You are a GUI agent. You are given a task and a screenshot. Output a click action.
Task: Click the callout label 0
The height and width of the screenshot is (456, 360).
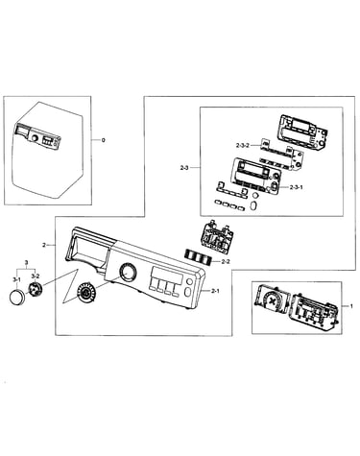[103, 140]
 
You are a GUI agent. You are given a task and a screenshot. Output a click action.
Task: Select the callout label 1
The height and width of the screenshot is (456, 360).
[351, 306]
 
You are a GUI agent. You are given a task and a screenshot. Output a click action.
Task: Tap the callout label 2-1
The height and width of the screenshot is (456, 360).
[215, 291]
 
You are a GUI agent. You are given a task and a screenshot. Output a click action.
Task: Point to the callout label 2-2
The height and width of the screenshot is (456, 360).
[226, 262]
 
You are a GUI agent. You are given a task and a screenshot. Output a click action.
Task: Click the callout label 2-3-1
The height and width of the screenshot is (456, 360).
[296, 187]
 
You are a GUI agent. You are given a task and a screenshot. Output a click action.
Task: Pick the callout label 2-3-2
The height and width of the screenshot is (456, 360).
[243, 145]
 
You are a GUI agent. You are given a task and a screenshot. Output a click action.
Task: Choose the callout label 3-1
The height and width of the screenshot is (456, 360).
[16, 279]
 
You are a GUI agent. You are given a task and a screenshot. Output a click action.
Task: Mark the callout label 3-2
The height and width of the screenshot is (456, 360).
[36, 276]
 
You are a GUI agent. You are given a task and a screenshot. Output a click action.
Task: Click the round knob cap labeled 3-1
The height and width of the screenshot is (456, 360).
[17, 297]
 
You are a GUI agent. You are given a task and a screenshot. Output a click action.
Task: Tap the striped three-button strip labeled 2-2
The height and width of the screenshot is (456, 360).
[198, 256]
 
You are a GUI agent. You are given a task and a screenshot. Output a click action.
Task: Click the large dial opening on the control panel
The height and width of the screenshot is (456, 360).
[128, 272]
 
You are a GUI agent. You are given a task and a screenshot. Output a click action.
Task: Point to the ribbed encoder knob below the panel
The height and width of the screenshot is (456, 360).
[85, 292]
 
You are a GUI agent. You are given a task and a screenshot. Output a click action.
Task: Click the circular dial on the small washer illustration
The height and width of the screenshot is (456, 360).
[35, 138]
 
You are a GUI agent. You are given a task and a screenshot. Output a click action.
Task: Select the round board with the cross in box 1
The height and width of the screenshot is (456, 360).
[272, 301]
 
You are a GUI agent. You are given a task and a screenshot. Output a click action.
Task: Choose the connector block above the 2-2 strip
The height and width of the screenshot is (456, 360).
[217, 237]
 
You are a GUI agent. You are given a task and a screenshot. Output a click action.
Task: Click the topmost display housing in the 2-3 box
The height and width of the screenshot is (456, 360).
[303, 132]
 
